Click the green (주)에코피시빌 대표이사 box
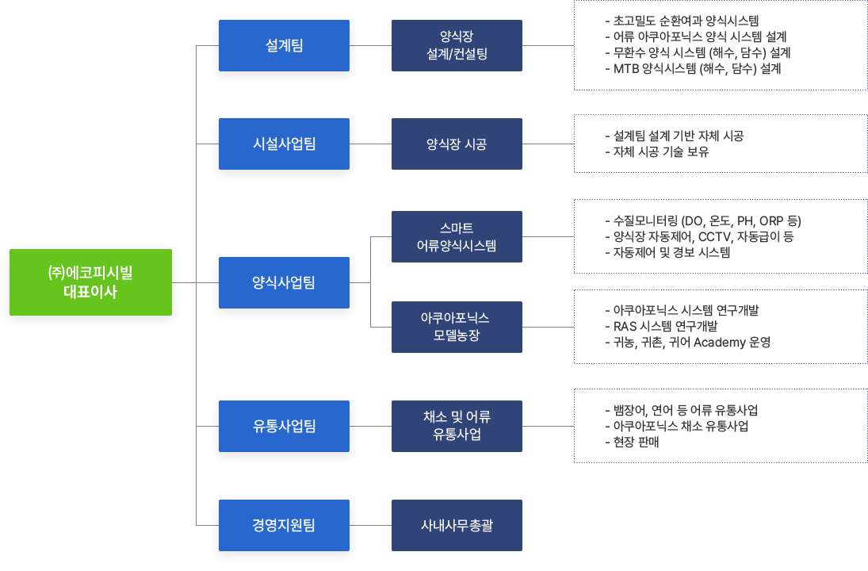point(91,282)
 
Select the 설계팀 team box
point(284,45)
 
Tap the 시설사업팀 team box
point(284,144)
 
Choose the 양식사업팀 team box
point(284,282)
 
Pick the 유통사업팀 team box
point(284,426)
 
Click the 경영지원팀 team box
point(284,525)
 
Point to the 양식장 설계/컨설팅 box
point(457,45)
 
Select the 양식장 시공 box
point(457,144)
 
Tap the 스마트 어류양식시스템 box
point(457,236)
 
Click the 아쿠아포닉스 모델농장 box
point(457,327)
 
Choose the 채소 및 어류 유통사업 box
point(457,426)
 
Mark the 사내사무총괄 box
point(457,525)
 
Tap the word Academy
point(720,343)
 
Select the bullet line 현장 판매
point(632,442)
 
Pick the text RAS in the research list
point(625,326)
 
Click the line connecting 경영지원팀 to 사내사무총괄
point(370,525)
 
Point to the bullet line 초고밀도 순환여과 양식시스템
point(682,21)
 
